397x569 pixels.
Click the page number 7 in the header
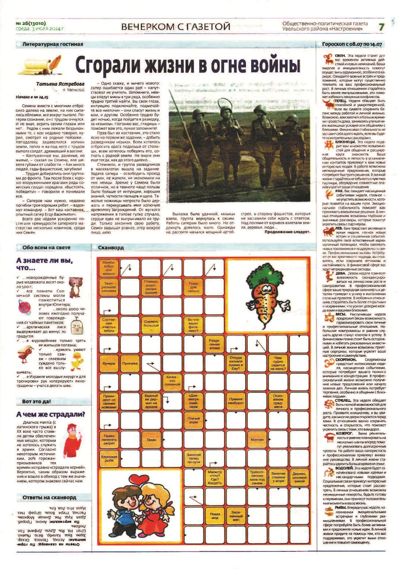[x=382, y=27]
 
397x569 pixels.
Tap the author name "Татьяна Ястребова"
[x=60, y=84]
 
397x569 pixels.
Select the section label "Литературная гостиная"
[x=53, y=44]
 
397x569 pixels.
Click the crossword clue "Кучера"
[x=109, y=363]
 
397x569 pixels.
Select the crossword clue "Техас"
[x=151, y=440]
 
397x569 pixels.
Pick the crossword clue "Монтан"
[x=257, y=440]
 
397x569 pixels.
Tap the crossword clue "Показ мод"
[x=215, y=516]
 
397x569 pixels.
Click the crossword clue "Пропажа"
[x=130, y=363]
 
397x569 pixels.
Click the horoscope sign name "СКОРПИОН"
[x=346, y=360]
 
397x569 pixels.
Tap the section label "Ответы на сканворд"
[x=49, y=498]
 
